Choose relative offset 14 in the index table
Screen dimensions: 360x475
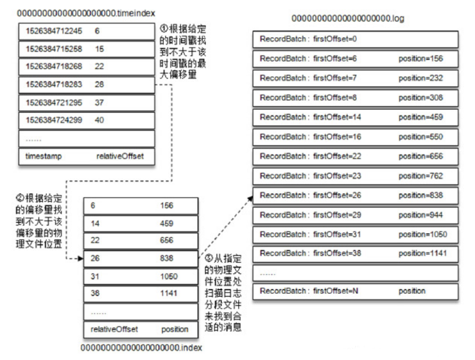[x=94, y=224]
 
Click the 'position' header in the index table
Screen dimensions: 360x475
[x=174, y=329]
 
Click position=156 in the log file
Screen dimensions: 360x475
[x=421, y=58]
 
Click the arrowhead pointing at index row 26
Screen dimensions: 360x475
[x=80, y=259]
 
